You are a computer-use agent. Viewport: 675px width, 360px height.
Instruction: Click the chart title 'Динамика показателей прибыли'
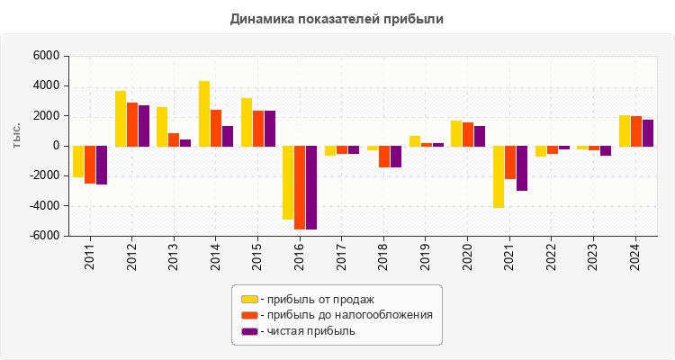pos(337,18)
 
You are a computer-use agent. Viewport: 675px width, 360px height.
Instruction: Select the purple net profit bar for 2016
pos(311,187)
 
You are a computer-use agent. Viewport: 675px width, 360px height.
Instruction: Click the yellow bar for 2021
pos(498,176)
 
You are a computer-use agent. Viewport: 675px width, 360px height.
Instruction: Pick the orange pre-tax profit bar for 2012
pos(132,124)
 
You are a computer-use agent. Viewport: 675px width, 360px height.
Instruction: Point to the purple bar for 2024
pos(648,132)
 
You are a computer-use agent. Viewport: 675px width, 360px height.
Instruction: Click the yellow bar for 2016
pos(288,183)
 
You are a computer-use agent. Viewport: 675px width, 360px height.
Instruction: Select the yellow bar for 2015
pos(247,121)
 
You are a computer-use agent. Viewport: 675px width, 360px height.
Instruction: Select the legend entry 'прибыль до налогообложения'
pos(346,315)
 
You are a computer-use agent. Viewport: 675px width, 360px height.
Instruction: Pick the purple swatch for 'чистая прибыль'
pos(249,331)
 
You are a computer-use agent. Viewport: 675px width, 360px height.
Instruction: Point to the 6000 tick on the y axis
pos(46,56)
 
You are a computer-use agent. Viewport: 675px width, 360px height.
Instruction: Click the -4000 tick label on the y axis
pos(43,206)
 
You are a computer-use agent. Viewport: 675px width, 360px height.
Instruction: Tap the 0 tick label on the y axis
pos(55,146)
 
